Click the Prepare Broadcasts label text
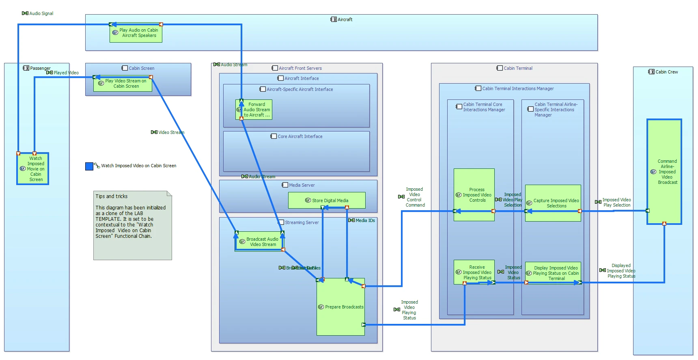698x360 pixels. tap(344, 307)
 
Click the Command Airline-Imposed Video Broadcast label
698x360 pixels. tap(667, 172)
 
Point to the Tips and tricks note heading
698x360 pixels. tap(111, 196)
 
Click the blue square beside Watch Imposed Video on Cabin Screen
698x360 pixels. tap(89, 166)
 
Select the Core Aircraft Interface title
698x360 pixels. tap(300, 136)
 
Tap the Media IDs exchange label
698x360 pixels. tap(365, 220)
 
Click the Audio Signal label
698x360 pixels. tap(41, 13)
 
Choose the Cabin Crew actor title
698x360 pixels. tap(666, 72)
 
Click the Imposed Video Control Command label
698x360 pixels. tap(415, 197)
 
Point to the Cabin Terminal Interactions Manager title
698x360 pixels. tap(517, 88)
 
